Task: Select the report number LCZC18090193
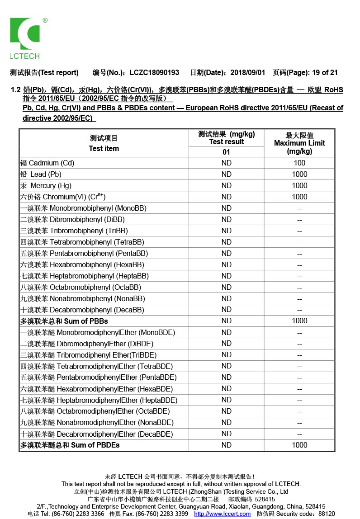pyautogui.click(x=154, y=72)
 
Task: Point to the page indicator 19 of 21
pyautogui.click(x=325, y=72)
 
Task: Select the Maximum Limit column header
pyautogui.click(x=299, y=143)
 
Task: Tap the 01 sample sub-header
pyautogui.click(x=226, y=152)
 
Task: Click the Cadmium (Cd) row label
pyautogui.click(x=47, y=163)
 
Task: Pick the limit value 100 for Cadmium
pyautogui.click(x=299, y=163)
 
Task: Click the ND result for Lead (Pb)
pyautogui.click(x=226, y=174)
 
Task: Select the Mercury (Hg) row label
pyautogui.click(x=46, y=185)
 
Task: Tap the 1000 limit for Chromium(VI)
pyautogui.click(x=299, y=197)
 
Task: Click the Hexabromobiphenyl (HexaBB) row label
pyautogui.click(x=82, y=264)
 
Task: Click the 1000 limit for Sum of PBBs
pyautogui.click(x=299, y=321)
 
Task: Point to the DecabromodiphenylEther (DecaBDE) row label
pyautogui.click(x=96, y=434)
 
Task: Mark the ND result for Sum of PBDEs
pyautogui.click(x=226, y=445)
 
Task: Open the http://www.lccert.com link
pyautogui.click(x=223, y=514)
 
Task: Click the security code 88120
pyautogui.click(x=327, y=514)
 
